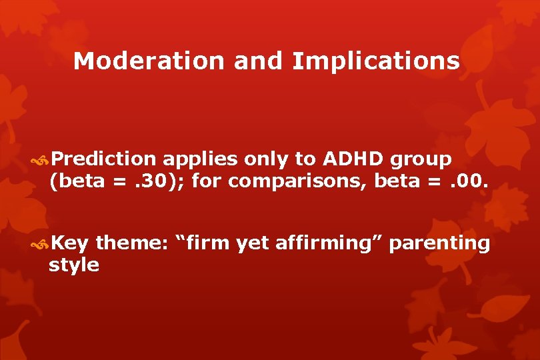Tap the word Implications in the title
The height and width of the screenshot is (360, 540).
[375, 61]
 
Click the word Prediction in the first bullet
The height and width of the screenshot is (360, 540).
[103, 159]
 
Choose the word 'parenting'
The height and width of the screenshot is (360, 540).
[439, 245]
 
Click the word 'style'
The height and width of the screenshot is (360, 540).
[74, 265]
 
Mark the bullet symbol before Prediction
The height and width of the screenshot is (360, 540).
[41, 160]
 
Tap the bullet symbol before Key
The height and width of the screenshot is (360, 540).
[41, 245]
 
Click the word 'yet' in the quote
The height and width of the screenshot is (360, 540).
[253, 245]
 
